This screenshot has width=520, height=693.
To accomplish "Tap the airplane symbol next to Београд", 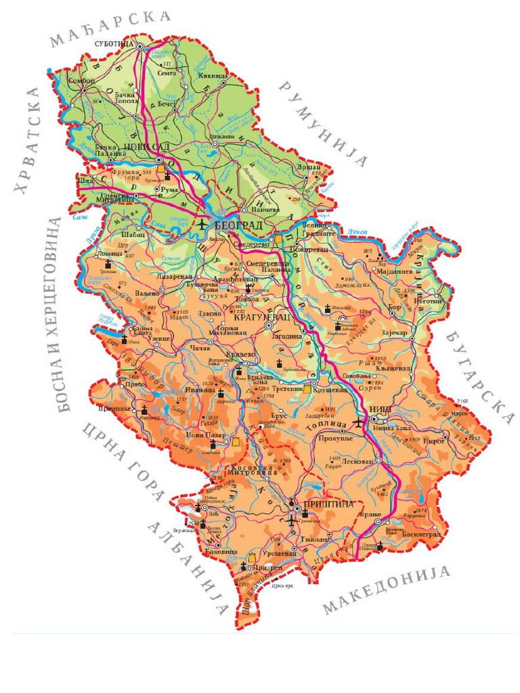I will pyautogui.click(x=202, y=223).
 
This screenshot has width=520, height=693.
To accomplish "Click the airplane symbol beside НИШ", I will pyautogui.click(x=359, y=423).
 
